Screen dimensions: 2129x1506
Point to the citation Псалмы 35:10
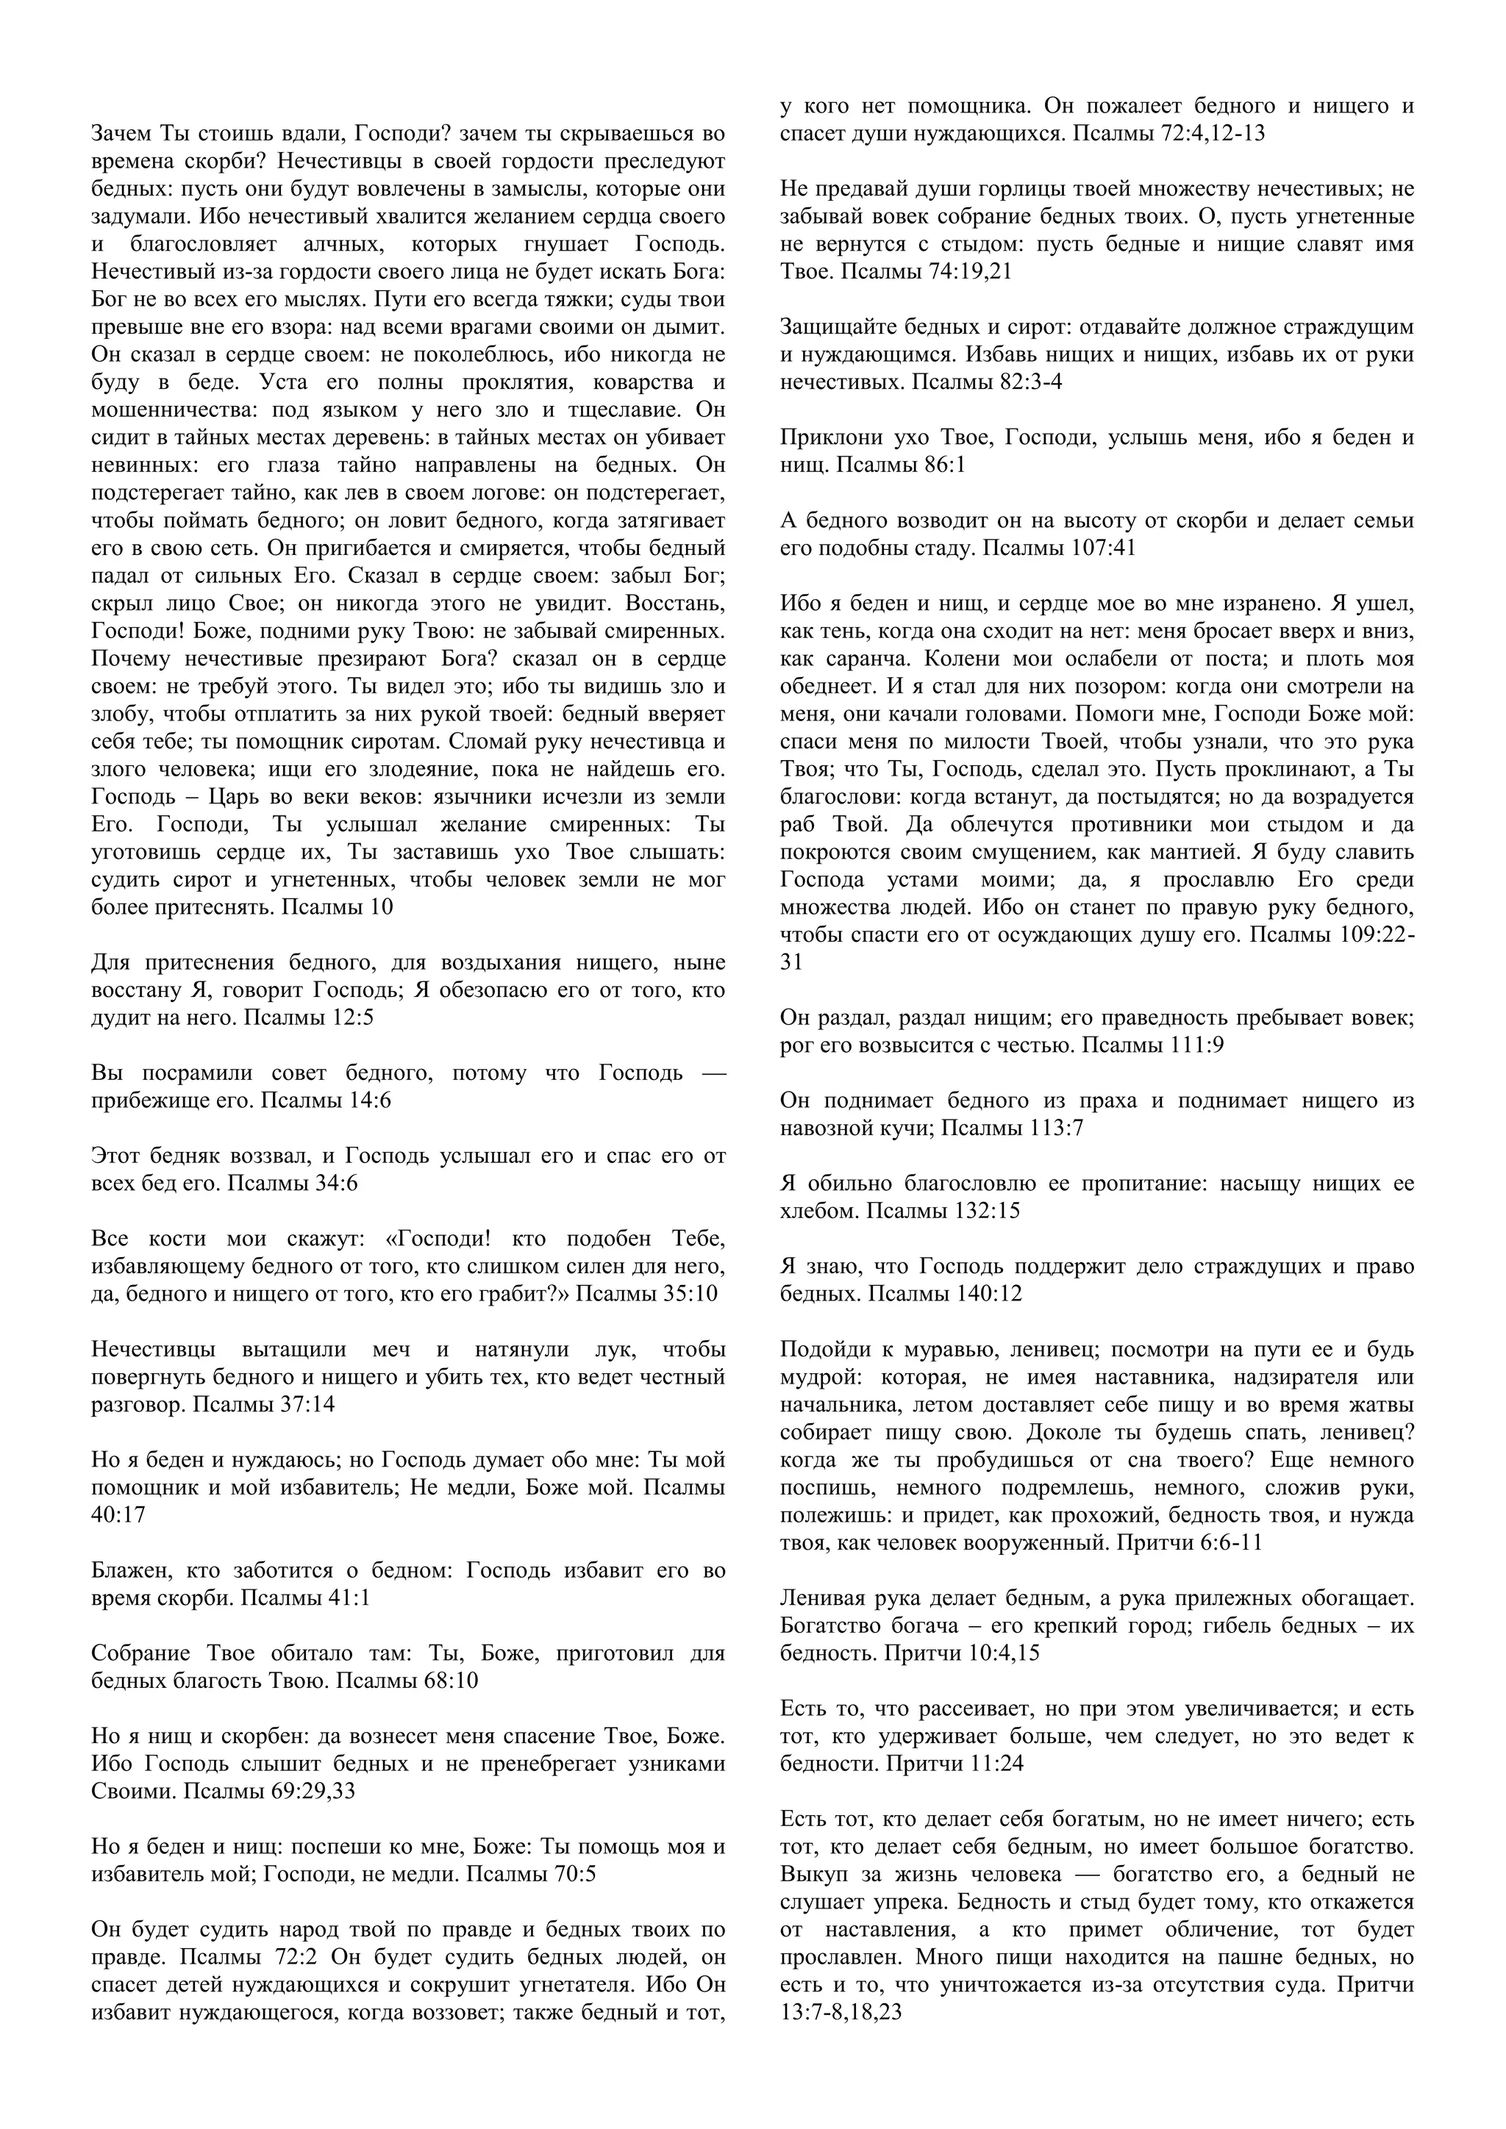point(646,1294)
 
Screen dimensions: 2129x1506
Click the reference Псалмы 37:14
point(263,1405)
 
